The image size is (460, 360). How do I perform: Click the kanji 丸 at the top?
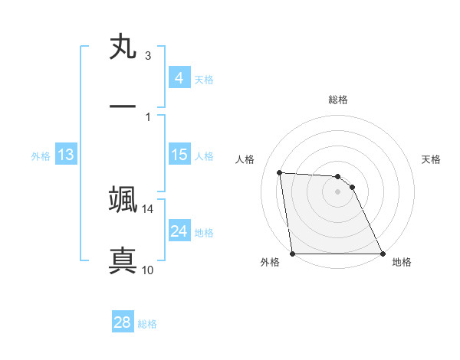click(123, 47)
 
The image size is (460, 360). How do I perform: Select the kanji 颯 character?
click(123, 198)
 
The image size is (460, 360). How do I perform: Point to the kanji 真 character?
click(123, 259)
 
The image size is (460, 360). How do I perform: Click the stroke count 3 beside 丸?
click(148, 56)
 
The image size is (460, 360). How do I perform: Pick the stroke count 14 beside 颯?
click(147, 209)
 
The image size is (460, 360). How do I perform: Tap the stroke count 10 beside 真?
click(148, 270)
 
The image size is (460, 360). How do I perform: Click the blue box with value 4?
click(179, 77)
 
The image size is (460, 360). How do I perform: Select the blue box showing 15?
click(179, 155)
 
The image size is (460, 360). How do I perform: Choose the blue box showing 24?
click(179, 231)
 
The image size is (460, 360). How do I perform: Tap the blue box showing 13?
click(66, 155)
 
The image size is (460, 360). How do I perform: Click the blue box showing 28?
click(122, 322)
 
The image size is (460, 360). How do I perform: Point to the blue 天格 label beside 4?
click(204, 79)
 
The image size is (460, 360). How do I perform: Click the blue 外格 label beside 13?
click(41, 156)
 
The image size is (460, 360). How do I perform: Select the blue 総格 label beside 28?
click(147, 324)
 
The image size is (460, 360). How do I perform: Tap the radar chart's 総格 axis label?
click(338, 100)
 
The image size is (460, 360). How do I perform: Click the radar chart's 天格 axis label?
click(432, 159)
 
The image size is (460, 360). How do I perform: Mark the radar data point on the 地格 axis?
click(383, 254)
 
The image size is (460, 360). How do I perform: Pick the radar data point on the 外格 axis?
click(293, 254)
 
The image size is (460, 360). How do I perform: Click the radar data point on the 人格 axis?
click(280, 172)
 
